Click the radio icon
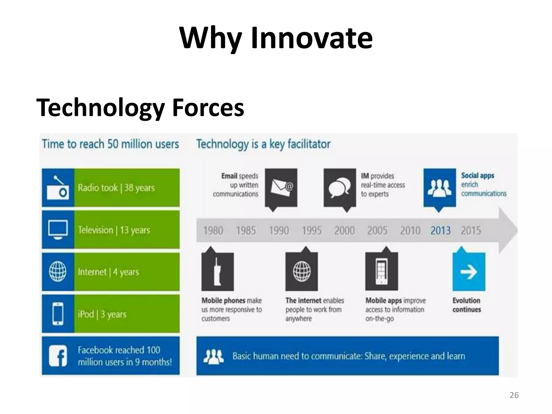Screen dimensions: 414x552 [58, 188]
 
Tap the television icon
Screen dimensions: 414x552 [58, 230]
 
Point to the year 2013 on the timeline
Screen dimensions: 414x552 [440, 231]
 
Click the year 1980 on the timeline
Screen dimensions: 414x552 [213, 231]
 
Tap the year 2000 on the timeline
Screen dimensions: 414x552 [344, 231]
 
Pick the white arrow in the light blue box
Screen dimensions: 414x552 [469, 272]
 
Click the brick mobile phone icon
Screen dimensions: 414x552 [218, 271]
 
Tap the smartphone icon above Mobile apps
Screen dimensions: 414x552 [381, 271]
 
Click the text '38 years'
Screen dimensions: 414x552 [139, 188]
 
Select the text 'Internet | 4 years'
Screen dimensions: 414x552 [108, 272]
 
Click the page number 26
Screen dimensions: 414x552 [514, 395]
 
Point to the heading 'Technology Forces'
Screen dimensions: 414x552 [140, 108]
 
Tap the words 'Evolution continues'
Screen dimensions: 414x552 [467, 305]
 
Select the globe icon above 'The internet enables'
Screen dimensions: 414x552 [302, 271]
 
